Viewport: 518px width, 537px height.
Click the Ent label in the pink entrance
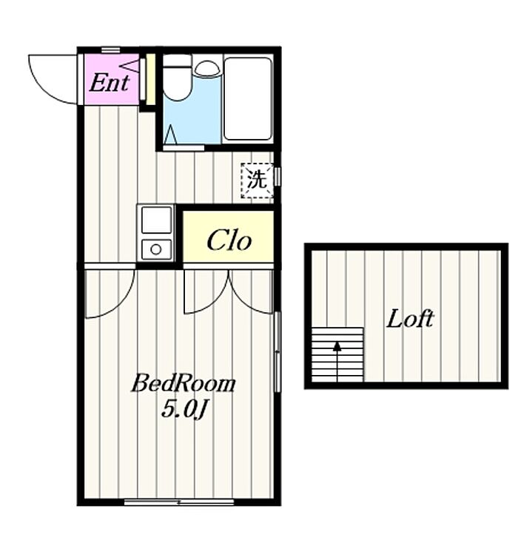point(110,83)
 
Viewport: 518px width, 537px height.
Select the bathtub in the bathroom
point(248,98)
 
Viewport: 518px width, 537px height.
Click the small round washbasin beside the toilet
point(207,68)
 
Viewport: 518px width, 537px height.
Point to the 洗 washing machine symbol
point(258,180)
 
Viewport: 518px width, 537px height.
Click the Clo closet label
point(229,240)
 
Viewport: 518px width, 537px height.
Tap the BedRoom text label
point(184,383)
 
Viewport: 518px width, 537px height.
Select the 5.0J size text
point(184,409)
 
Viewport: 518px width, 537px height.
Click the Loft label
point(410,319)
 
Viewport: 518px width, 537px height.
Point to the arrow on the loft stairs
point(337,361)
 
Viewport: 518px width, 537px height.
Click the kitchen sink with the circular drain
point(156,249)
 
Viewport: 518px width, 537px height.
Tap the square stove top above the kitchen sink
point(156,220)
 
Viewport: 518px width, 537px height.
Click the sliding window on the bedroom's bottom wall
point(179,502)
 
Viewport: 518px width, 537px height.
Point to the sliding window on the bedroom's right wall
point(277,352)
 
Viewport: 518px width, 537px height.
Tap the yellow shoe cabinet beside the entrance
point(151,80)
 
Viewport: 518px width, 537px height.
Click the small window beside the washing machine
point(277,176)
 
